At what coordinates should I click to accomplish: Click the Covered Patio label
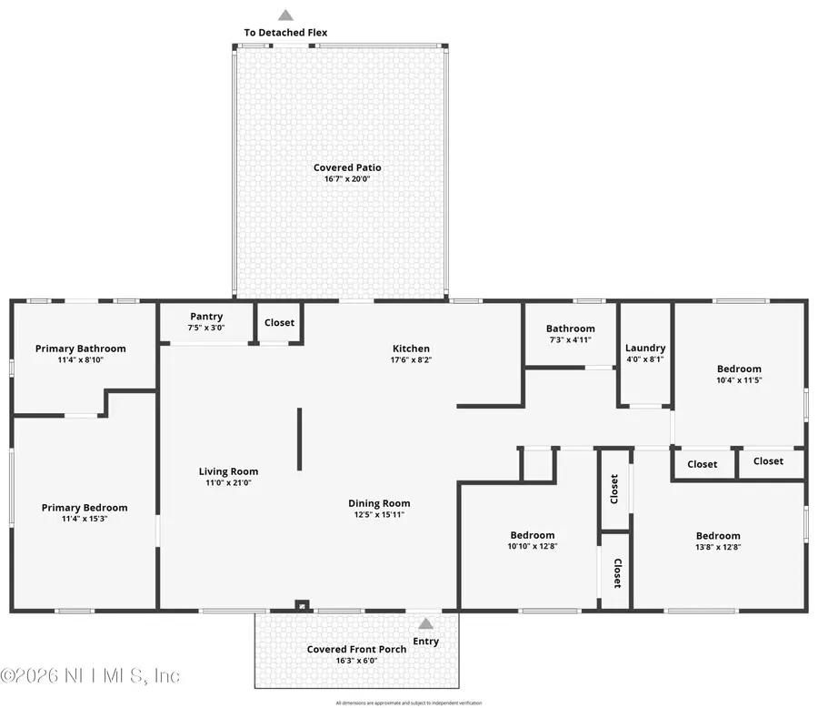click(x=347, y=167)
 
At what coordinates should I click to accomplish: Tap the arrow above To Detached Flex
click(x=285, y=15)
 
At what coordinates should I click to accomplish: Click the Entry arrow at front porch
click(x=425, y=623)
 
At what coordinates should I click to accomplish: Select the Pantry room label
click(x=206, y=317)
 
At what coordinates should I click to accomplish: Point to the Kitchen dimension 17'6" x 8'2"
click(x=411, y=360)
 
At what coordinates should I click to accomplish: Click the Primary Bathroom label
click(x=81, y=349)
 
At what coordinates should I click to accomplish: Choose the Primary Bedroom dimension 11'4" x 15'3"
click(x=85, y=519)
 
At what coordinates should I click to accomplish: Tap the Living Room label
click(x=229, y=471)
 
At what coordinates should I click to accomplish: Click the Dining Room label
click(x=379, y=503)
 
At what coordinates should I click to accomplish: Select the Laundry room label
click(x=645, y=348)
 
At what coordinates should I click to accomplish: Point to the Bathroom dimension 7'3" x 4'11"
click(x=570, y=340)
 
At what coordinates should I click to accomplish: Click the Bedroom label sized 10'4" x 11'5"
click(x=739, y=369)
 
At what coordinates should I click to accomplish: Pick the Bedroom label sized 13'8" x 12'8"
click(x=718, y=536)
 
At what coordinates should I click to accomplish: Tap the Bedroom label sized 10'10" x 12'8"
click(x=532, y=536)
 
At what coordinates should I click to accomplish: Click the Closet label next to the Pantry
click(x=280, y=322)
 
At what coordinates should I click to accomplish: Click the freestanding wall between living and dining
click(x=299, y=440)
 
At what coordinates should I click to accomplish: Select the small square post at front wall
click(x=302, y=605)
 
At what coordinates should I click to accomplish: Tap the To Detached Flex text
click(x=285, y=33)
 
